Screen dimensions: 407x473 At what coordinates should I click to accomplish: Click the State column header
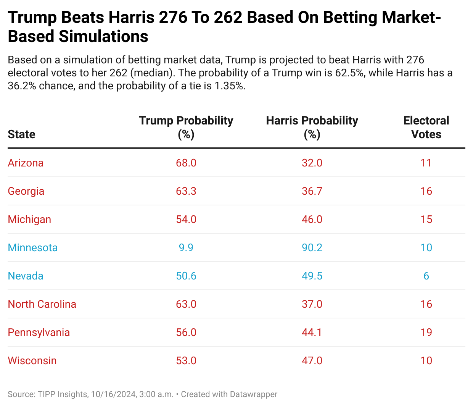pyautogui.click(x=21, y=134)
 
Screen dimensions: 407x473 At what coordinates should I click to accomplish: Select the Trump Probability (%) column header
pyautogui.click(x=186, y=127)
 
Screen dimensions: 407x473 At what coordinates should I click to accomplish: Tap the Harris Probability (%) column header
pyautogui.click(x=312, y=127)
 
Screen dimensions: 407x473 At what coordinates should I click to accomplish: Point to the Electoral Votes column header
pyautogui.click(x=426, y=127)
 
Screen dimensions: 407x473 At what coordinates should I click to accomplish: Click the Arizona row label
pyautogui.click(x=26, y=163)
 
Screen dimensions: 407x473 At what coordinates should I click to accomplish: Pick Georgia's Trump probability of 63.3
pyautogui.click(x=186, y=191)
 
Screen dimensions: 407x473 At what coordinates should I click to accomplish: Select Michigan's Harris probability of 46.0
pyautogui.click(x=312, y=220)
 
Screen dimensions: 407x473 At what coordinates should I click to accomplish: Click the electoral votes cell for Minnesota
pyautogui.click(x=426, y=248)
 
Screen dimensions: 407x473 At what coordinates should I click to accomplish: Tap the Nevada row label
pyautogui.click(x=26, y=276)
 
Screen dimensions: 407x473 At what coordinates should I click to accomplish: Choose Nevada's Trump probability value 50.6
pyautogui.click(x=186, y=276)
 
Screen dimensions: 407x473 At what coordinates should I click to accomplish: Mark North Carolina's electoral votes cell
pyautogui.click(x=426, y=304)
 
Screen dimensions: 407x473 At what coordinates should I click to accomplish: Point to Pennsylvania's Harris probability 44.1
pyautogui.click(x=312, y=333)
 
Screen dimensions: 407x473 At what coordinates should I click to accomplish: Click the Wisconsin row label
pyautogui.click(x=32, y=361)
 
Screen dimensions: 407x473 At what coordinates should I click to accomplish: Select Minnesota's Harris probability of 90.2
pyautogui.click(x=312, y=248)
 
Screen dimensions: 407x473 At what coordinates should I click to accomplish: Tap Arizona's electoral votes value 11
pyautogui.click(x=426, y=163)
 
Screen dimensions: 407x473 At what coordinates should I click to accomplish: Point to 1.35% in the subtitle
pyautogui.click(x=229, y=86)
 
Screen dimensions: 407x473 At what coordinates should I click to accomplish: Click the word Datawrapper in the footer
pyautogui.click(x=253, y=394)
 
